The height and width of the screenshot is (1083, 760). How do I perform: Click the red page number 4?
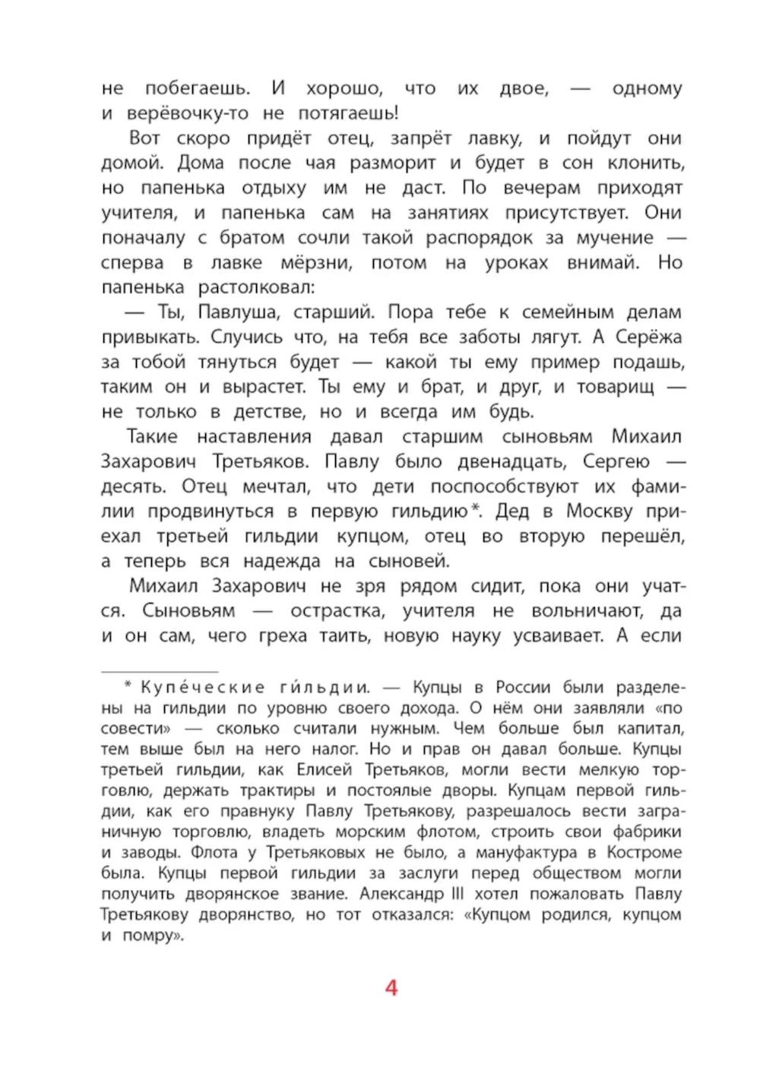coord(391,988)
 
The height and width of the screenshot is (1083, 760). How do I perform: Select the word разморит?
coord(392,163)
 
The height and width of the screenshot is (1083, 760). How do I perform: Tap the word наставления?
coord(253,437)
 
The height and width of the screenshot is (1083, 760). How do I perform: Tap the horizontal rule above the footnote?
coord(160,672)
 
